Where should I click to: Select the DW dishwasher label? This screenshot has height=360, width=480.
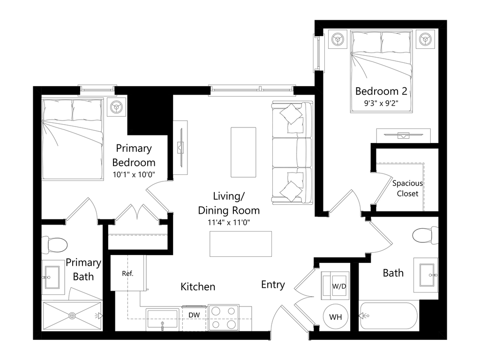(194, 315)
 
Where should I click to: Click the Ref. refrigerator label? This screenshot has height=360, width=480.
(127, 274)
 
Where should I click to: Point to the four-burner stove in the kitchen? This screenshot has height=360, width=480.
(224, 317)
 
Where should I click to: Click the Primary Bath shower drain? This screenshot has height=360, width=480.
(72, 316)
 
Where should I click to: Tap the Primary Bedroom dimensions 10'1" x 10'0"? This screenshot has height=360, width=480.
(134, 174)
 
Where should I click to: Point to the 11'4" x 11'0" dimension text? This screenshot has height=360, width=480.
(229, 222)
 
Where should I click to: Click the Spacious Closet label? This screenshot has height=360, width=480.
(407, 188)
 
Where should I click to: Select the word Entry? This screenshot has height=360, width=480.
(273, 285)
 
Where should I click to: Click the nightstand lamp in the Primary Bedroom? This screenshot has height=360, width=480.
(115, 107)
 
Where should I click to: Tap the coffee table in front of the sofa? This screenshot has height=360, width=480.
(243, 152)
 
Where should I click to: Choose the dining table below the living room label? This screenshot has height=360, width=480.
(241, 244)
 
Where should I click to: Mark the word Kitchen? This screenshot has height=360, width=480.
(198, 286)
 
